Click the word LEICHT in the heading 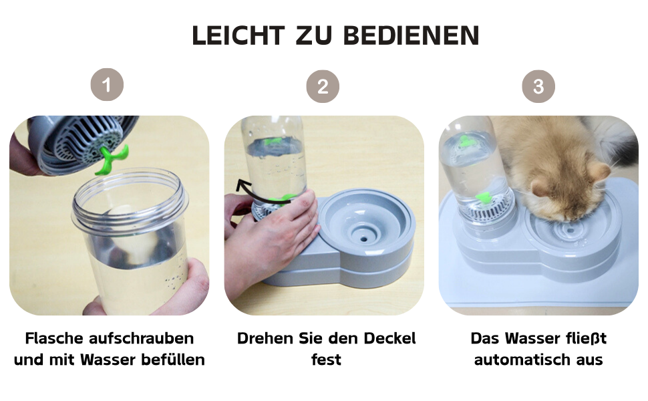238,35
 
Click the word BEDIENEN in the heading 412,35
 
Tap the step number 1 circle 107,85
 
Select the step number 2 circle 323,86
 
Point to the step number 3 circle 538,86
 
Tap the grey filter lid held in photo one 83,142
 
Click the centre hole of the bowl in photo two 364,239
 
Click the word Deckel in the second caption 389,338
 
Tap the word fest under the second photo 326,360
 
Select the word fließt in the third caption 585,338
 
